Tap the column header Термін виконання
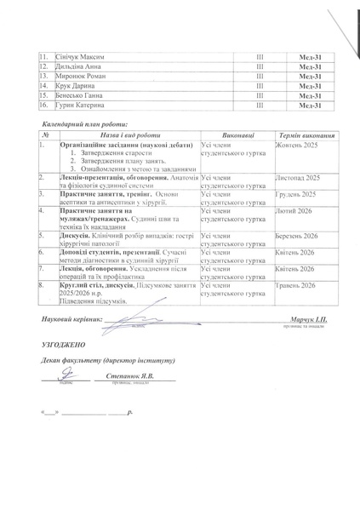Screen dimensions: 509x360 (310, 134)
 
